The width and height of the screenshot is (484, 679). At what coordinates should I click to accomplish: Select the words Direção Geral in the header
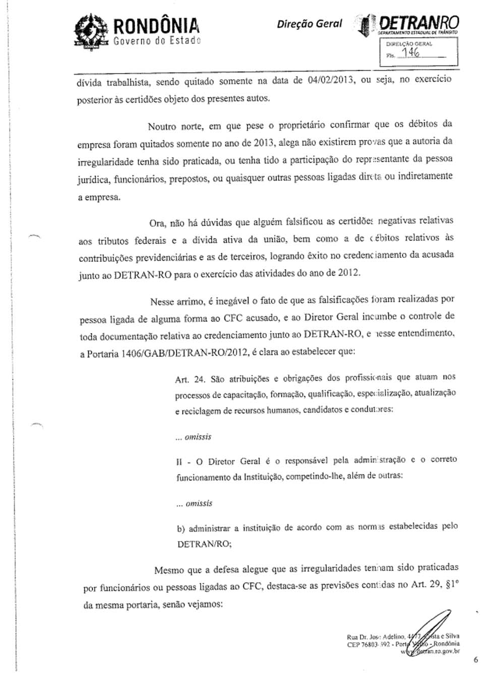309,24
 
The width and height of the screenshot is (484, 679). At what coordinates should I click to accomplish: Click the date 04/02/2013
330,80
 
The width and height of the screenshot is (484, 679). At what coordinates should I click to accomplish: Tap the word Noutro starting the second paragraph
162,125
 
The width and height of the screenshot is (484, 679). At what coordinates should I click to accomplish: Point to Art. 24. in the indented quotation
190,379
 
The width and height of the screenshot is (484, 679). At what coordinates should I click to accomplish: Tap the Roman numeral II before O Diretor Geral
179,461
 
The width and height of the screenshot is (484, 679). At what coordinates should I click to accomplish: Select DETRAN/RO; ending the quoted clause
204,544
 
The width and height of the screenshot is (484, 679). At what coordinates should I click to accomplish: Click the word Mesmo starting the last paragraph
169,571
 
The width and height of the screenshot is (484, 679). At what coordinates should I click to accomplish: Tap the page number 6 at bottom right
475,660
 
